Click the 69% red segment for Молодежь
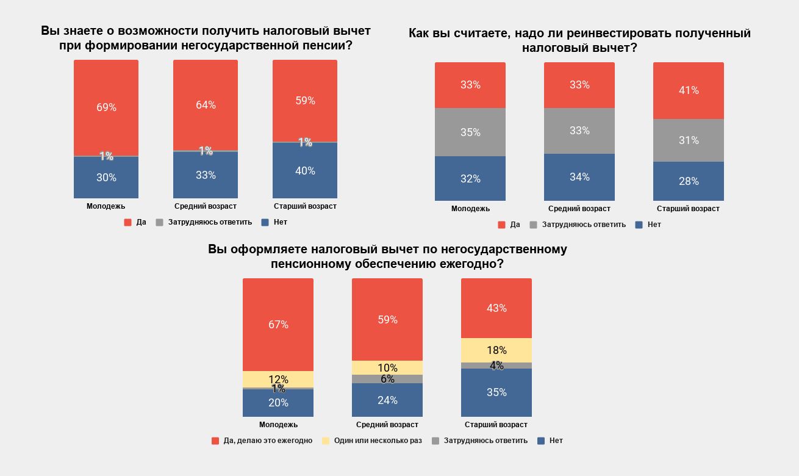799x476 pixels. pyautogui.click(x=106, y=107)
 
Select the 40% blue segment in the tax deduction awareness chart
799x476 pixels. pyautogui.click(x=305, y=171)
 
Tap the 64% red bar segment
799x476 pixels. pyautogui.click(x=206, y=105)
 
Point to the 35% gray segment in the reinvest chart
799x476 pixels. pyautogui.click(x=470, y=132)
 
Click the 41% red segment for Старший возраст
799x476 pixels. pyautogui.click(x=689, y=90)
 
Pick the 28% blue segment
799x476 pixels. pyautogui.click(x=689, y=181)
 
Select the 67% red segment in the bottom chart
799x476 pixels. pyautogui.click(x=278, y=325)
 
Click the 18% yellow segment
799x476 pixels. pyautogui.click(x=496, y=350)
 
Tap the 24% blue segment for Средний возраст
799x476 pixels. pyautogui.click(x=387, y=400)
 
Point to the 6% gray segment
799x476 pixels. pyautogui.click(x=387, y=379)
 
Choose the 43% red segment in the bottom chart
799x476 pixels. pyautogui.click(x=496, y=308)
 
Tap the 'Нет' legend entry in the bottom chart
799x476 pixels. pyautogui.click(x=556, y=441)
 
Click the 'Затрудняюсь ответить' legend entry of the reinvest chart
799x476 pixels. pyautogui.click(x=584, y=225)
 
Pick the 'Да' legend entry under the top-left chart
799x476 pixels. pyautogui.click(x=141, y=222)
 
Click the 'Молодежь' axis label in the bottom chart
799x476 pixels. pyautogui.click(x=278, y=425)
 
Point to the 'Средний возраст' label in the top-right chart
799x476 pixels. pyautogui.click(x=579, y=209)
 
